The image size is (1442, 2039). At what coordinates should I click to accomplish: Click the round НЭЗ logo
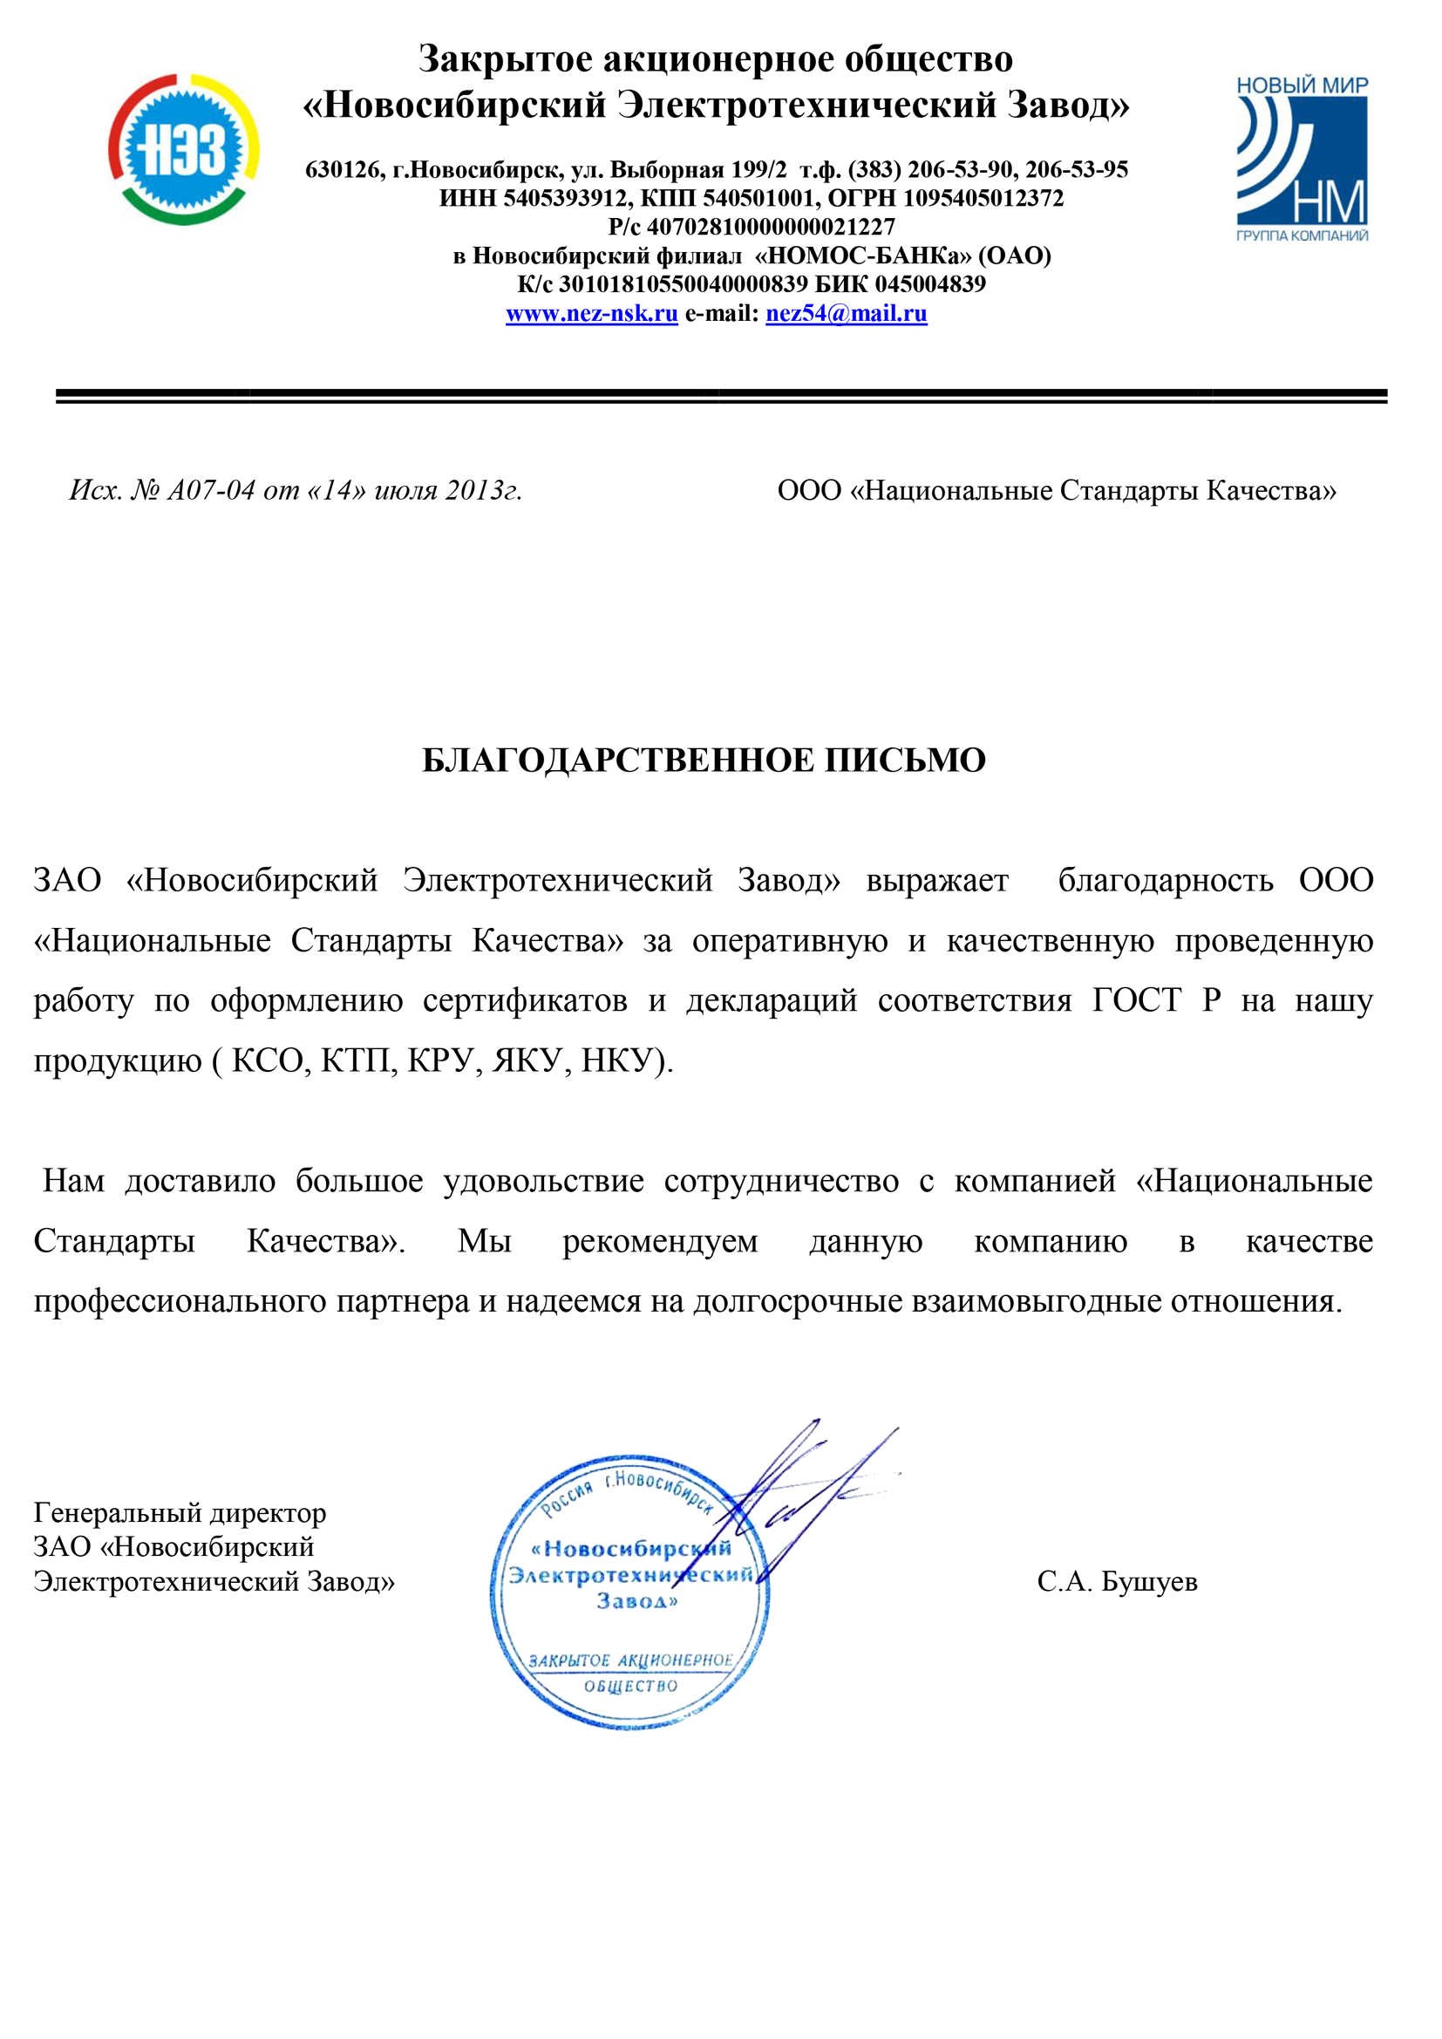[184, 149]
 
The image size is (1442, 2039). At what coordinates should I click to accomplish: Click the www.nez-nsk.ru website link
[591, 313]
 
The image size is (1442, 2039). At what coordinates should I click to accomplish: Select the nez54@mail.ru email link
[847, 313]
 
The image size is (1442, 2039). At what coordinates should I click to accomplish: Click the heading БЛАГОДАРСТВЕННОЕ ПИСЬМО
[704, 760]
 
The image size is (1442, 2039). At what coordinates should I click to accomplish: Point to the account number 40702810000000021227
[771, 228]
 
